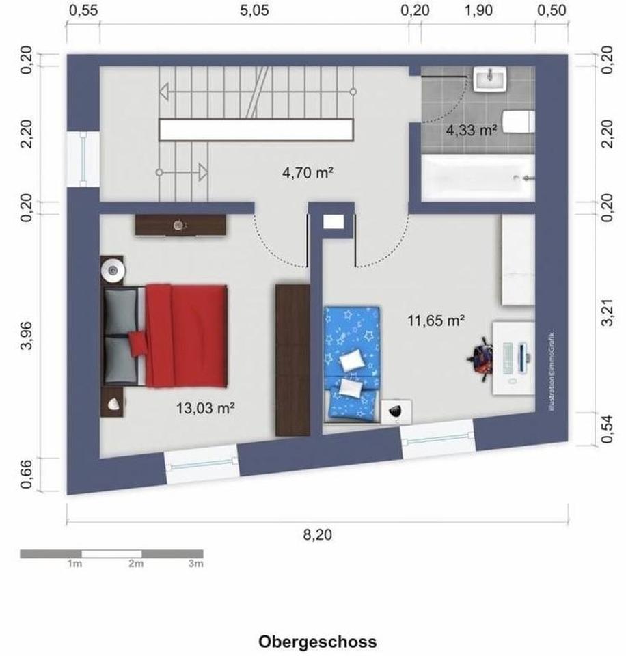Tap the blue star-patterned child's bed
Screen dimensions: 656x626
(x=351, y=364)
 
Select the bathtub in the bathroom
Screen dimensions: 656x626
(x=477, y=178)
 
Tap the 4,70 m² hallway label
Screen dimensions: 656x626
(x=307, y=173)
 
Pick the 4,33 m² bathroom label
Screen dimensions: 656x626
(x=471, y=130)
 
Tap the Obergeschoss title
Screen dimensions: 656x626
(x=317, y=642)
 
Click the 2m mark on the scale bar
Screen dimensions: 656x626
(x=135, y=564)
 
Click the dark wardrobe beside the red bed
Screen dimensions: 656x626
(x=292, y=359)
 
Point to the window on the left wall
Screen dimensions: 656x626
(x=83, y=159)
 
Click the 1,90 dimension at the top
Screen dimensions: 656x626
(x=478, y=10)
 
